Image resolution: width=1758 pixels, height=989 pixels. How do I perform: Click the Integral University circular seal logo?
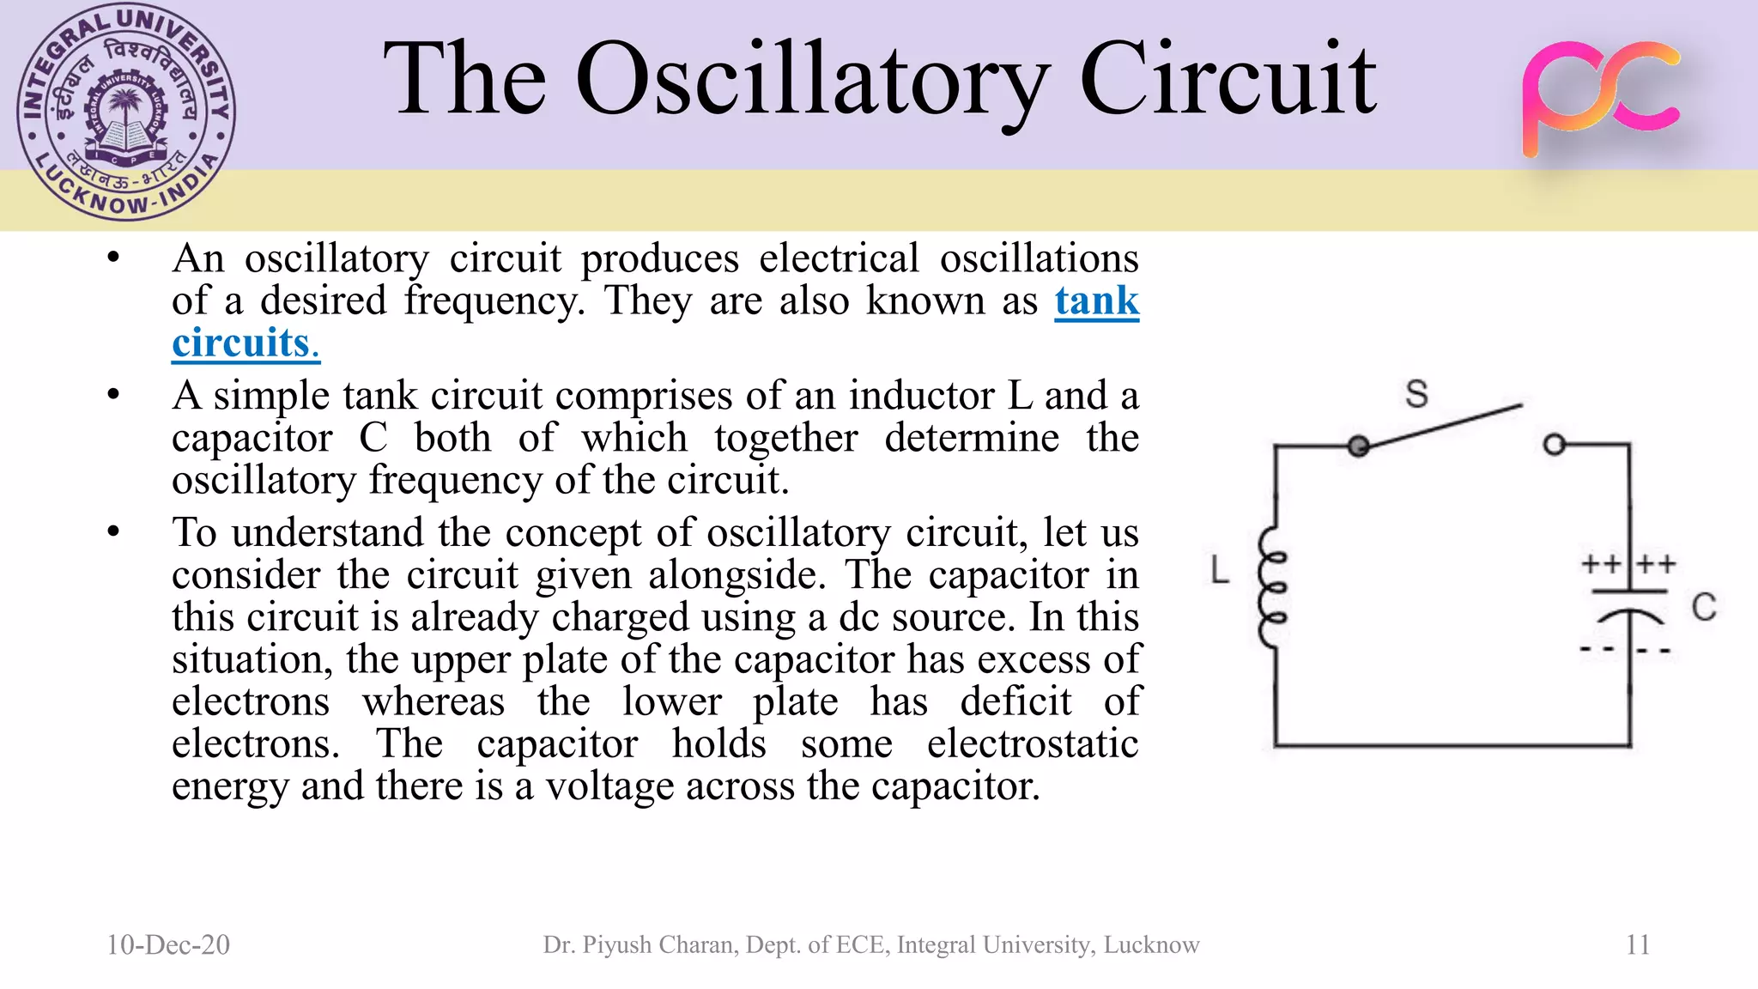[x=126, y=112]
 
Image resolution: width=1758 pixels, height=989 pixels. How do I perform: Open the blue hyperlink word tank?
[x=1096, y=301]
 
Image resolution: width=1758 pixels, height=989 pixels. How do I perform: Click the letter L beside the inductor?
[x=1220, y=570]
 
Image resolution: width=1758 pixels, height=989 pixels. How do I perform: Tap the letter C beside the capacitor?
[x=1703, y=607]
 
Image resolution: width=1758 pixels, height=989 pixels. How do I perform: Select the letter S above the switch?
[x=1416, y=394]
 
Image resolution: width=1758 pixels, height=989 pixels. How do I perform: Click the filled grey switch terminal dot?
[x=1358, y=446]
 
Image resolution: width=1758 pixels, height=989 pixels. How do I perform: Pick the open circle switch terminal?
[x=1554, y=445]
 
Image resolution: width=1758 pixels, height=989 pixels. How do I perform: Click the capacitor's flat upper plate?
[x=1629, y=592]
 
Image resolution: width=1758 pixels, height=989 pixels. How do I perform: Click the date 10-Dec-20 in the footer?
[x=168, y=944]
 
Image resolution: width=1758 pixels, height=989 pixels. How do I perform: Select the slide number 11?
[x=1637, y=944]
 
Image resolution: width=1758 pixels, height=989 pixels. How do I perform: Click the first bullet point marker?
[x=113, y=258]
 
